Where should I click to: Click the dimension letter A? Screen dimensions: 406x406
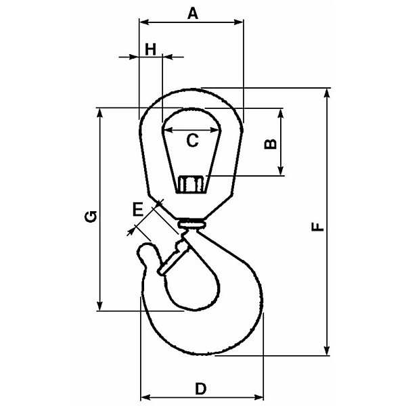(x=193, y=14)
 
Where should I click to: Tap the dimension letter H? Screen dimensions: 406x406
(x=150, y=49)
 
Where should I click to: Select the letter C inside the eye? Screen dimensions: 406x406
(x=192, y=141)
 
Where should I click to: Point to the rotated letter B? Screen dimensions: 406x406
(x=270, y=144)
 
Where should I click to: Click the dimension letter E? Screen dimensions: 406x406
(x=138, y=209)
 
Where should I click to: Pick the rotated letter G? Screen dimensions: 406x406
(x=91, y=217)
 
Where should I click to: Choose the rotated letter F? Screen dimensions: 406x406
(x=317, y=226)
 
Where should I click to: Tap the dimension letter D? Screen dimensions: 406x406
(x=201, y=388)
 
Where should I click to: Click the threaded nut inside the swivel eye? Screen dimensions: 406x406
(x=191, y=184)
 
